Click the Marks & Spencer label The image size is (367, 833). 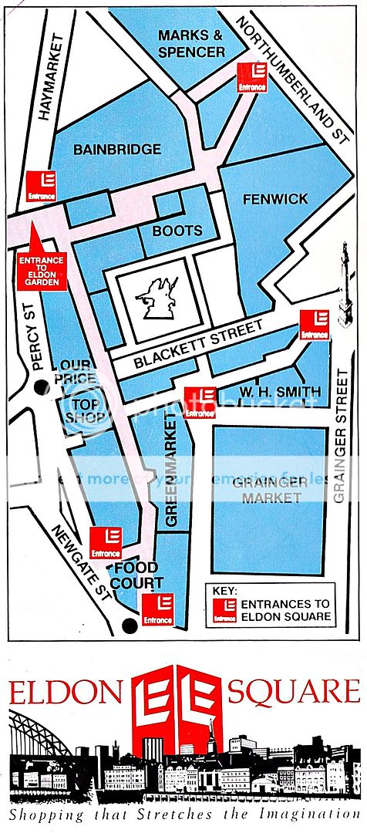191,43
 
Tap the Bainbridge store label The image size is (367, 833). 117,149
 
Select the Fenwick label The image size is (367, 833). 275,198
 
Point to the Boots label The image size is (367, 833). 177,230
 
